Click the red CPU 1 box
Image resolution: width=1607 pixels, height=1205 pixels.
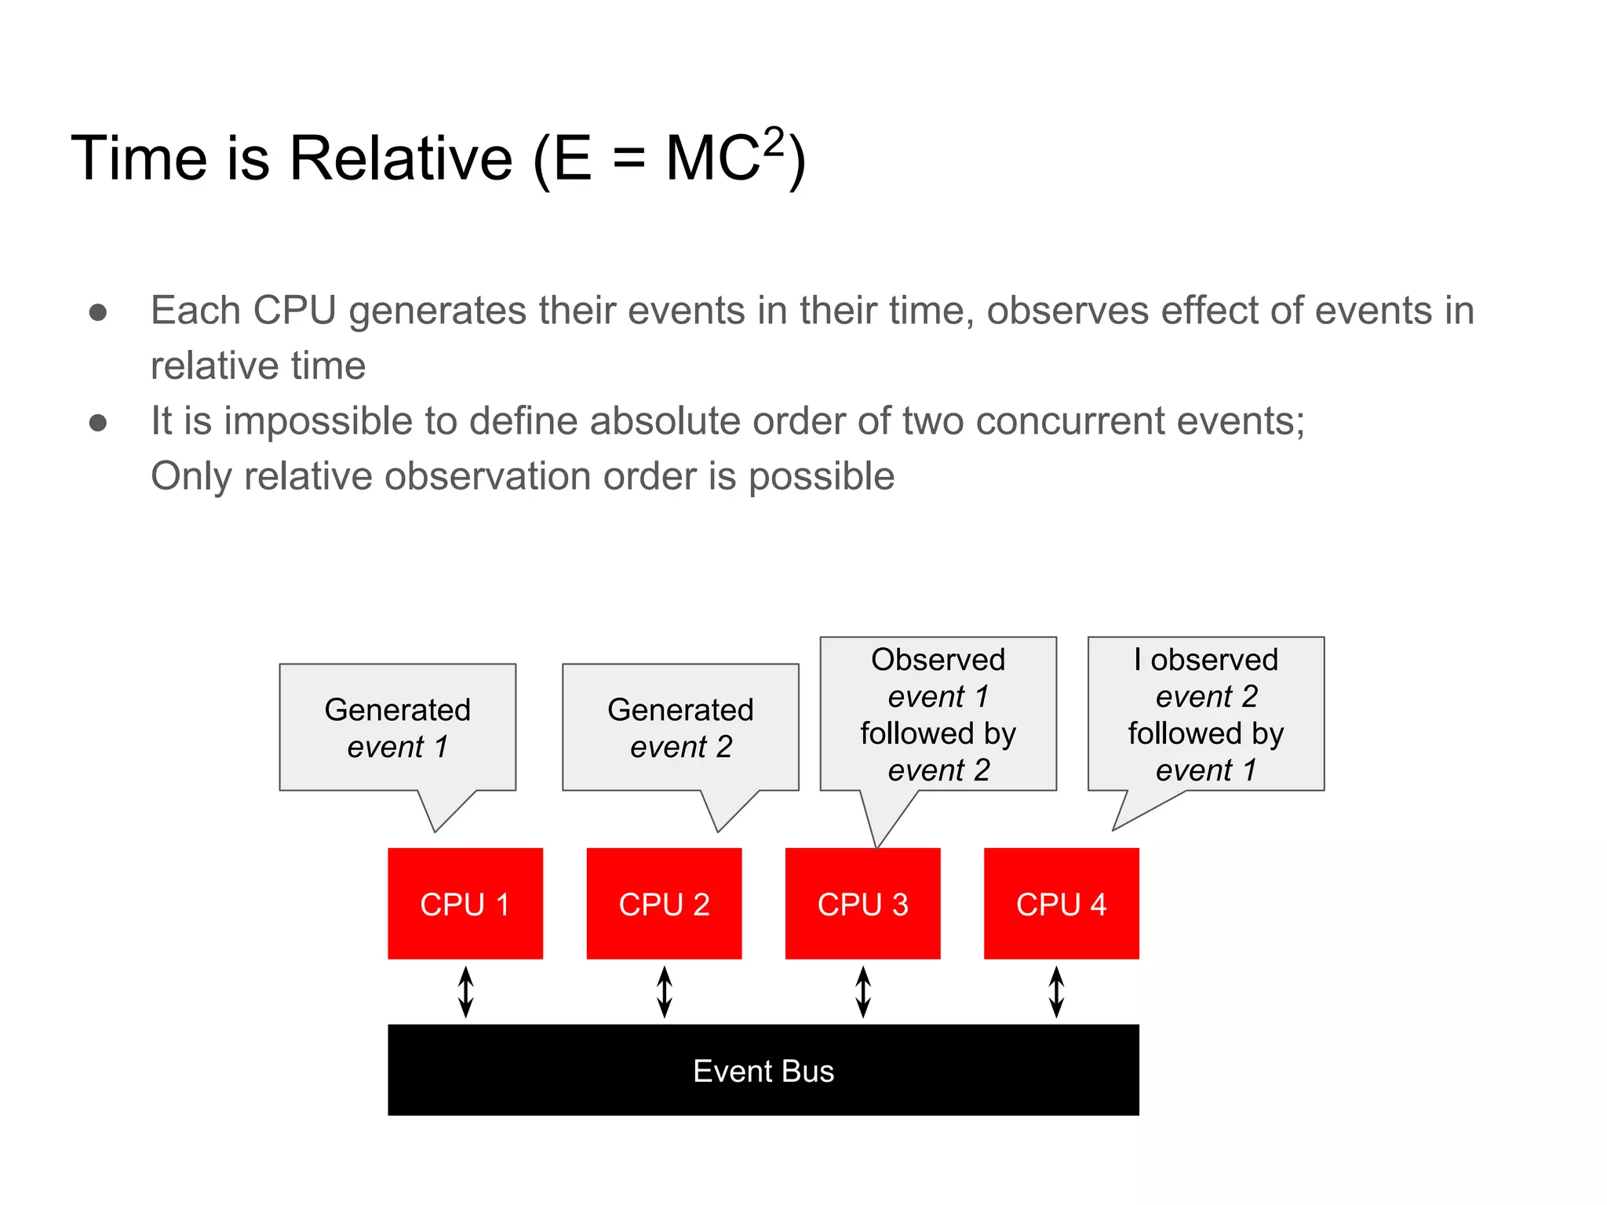click(465, 903)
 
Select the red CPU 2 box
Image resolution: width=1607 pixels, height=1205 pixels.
click(664, 903)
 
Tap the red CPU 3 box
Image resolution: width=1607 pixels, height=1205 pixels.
click(862, 903)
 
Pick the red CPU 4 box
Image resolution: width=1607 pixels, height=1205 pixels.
click(1061, 903)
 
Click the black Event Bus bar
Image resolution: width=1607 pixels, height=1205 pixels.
click(763, 1069)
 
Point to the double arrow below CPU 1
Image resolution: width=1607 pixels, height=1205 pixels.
click(465, 992)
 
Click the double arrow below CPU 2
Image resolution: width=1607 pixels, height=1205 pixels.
click(664, 992)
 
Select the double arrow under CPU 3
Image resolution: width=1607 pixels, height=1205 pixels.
click(863, 992)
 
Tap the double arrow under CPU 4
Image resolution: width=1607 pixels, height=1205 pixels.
click(1056, 992)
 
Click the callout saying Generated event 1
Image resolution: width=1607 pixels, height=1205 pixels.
click(397, 727)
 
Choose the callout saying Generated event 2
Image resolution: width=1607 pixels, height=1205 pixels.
click(680, 727)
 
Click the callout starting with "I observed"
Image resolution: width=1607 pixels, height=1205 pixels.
click(1205, 714)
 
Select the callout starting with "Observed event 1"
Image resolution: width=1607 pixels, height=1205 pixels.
click(938, 714)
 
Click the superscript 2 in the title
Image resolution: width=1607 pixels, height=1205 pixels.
click(774, 142)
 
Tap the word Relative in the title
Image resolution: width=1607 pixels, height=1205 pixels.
click(400, 158)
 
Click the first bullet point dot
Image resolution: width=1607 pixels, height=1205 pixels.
click(98, 312)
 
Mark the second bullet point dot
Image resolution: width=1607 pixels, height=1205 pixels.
click(98, 423)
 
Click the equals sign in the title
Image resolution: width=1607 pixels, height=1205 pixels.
click(629, 160)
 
